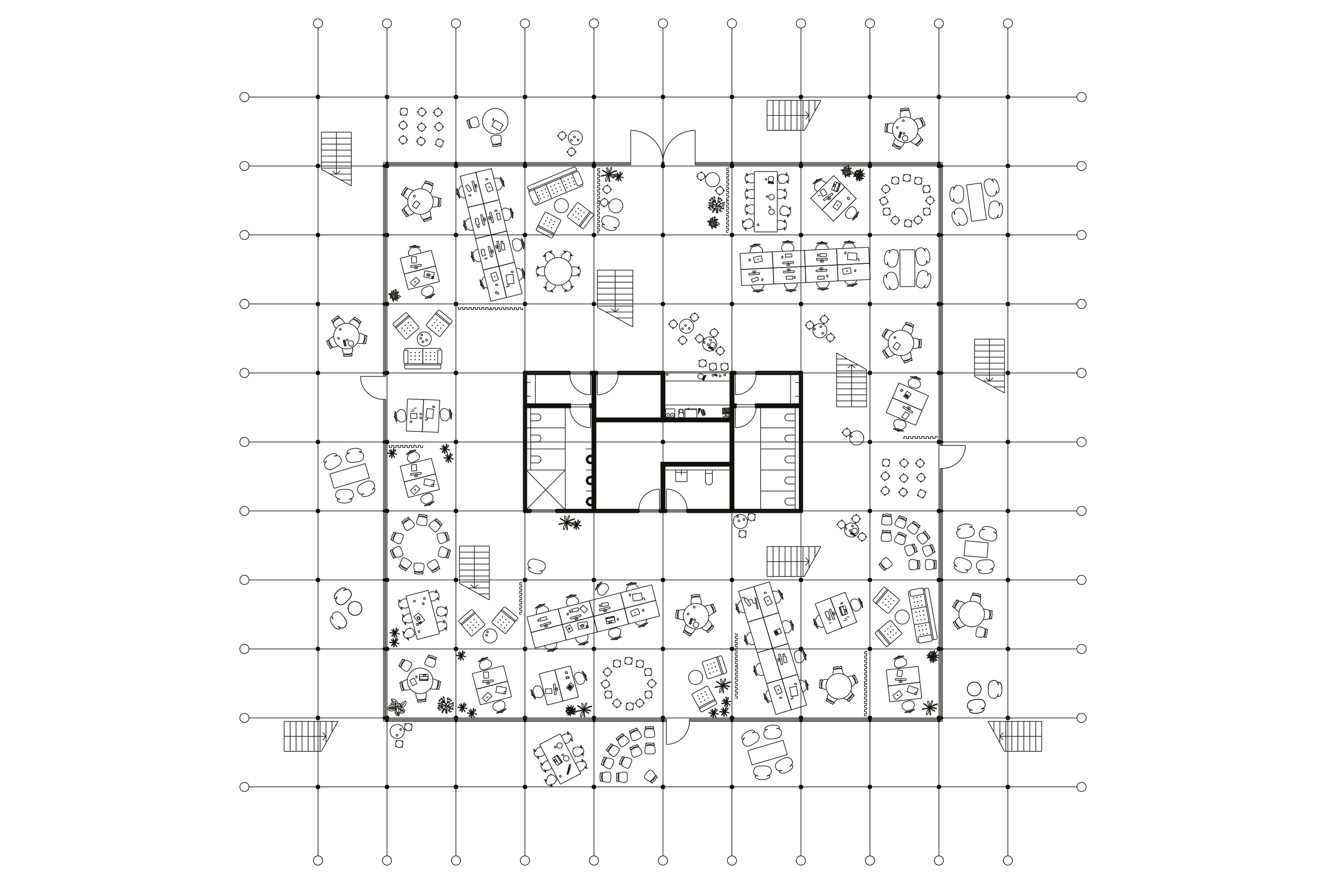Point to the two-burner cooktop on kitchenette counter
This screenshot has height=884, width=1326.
[671, 414]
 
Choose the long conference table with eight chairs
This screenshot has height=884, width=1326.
[766, 201]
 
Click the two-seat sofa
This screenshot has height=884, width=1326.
[423, 357]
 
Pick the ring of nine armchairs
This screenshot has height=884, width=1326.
[420, 543]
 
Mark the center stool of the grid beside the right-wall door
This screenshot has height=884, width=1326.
[904, 477]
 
